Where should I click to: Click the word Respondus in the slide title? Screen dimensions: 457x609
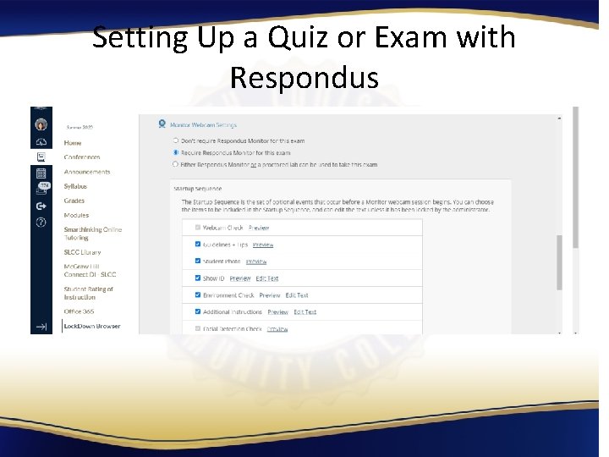click(304, 78)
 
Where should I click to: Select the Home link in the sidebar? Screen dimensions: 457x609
click(73, 143)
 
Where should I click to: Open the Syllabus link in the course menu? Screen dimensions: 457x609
click(75, 186)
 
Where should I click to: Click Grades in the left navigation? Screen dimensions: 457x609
click(74, 201)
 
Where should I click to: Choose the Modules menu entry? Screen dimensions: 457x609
click(76, 215)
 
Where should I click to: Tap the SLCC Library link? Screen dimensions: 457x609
click(82, 252)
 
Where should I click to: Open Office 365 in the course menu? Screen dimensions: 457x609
click(79, 311)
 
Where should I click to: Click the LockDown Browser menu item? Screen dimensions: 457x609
click(91, 326)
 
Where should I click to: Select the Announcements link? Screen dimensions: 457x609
click(87, 172)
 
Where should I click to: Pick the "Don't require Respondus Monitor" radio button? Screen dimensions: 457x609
click(175, 140)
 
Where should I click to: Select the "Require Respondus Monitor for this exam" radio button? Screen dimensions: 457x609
click(175, 152)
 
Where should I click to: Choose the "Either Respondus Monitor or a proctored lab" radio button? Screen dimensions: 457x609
click(175, 164)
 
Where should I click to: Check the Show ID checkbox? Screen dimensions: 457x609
click(198, 278)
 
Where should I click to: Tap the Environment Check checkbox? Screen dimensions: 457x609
click(198, 295)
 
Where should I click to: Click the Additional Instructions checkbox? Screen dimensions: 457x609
click(198, 311)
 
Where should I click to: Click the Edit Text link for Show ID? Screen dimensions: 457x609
click(267, 278)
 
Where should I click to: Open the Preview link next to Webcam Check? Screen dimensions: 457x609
click(259, 228)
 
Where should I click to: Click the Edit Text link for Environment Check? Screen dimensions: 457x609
click(297, 295)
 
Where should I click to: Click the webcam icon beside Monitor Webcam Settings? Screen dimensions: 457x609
click(162, 124)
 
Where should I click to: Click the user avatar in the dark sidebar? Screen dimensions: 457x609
click(41, 124)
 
